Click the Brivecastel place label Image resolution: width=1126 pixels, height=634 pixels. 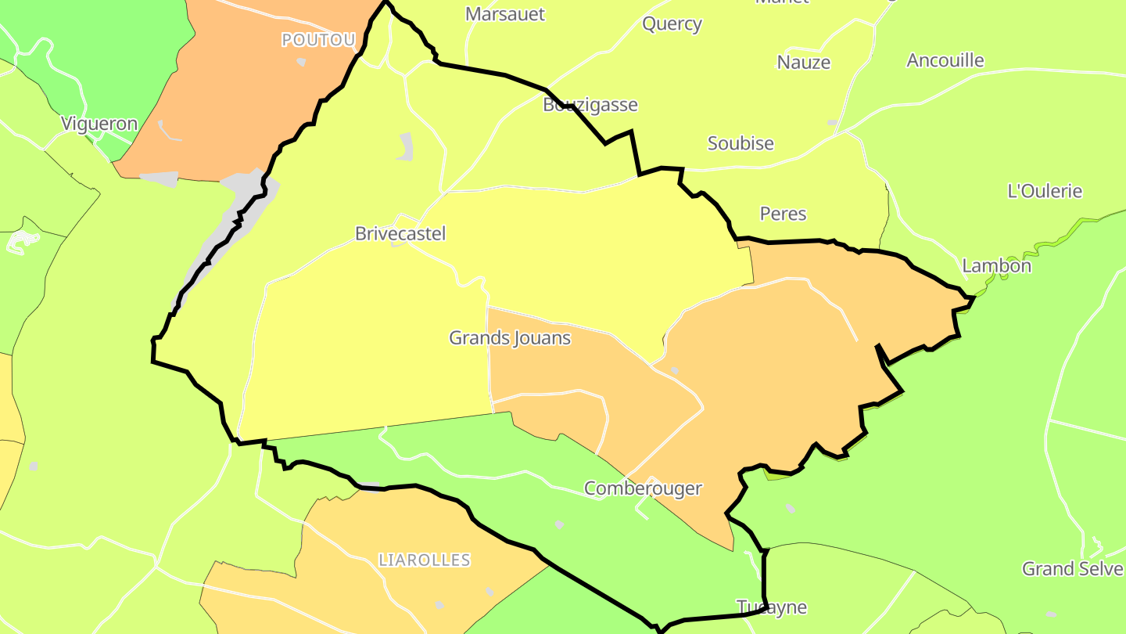(400, 233)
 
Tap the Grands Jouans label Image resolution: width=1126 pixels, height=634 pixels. (509, 338)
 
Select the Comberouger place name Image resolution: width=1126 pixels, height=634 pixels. (643, 488)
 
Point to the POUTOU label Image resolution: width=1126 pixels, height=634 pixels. (318, 40)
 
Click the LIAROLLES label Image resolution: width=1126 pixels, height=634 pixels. (424, 560)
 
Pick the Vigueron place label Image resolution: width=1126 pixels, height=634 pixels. (99, 124)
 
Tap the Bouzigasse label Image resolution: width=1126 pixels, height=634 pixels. (590, 105)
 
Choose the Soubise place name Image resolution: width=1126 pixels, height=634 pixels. (741, 143)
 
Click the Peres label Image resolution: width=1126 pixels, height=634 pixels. (783, 214)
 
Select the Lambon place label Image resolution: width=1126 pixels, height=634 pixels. (996, 265)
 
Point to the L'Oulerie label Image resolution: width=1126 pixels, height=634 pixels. (1045, 191)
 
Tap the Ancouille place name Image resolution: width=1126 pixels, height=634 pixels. (945, 60)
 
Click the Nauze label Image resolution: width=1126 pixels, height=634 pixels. (803, 63)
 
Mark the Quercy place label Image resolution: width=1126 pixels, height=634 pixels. (672, 23)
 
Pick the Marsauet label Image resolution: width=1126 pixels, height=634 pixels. (504, 14)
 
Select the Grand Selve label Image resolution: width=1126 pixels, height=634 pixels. (1072, 569)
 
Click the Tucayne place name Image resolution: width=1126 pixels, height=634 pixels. (771, 607)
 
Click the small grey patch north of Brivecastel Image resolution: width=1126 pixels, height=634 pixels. (405, 146)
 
